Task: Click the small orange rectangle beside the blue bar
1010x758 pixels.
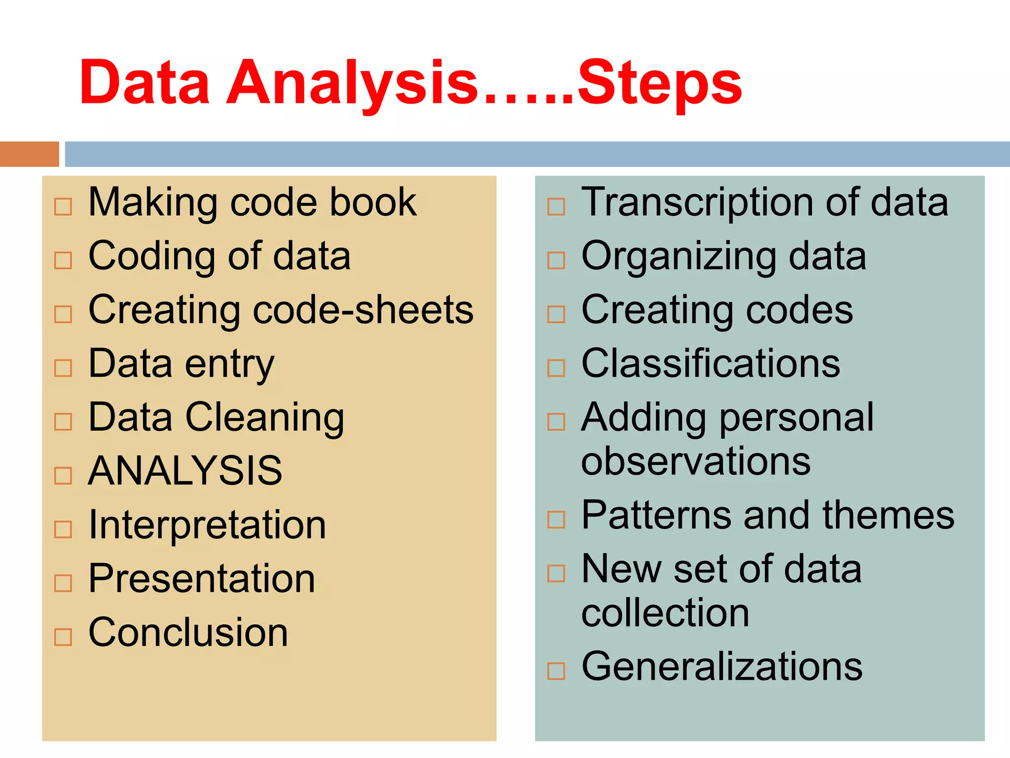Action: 29,154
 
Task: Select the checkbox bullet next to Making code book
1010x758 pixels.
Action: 63,207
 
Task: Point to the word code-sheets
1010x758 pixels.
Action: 363,310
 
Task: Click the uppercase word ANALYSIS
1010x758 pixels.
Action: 185,471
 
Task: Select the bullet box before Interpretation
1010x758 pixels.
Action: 63,530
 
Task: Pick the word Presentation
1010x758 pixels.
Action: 202,578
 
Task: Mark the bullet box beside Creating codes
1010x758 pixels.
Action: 556,314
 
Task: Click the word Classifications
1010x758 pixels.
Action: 711,364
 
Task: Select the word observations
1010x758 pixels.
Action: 696,461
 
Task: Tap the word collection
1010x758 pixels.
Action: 665,613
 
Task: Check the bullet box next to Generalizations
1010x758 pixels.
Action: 556,671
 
